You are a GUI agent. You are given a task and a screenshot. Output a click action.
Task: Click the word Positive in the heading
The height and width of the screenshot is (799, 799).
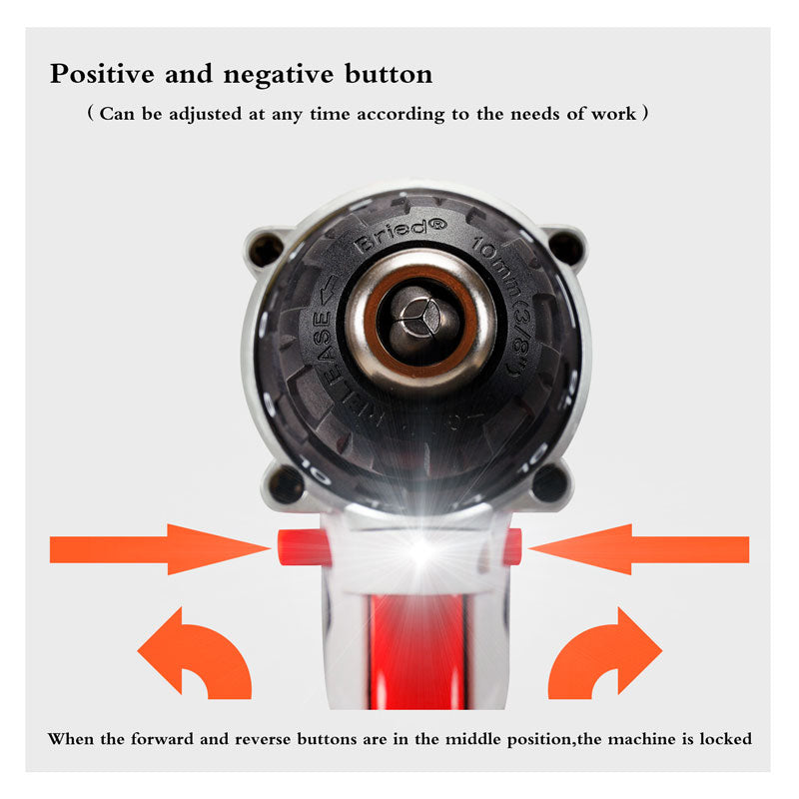point(102,74)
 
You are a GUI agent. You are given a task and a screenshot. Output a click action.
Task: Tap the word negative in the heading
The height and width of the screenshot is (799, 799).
point(279,74)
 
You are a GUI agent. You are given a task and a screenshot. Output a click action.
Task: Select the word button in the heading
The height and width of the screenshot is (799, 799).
point(389,73)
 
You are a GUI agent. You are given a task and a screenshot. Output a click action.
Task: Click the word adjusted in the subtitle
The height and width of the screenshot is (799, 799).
point(206,114)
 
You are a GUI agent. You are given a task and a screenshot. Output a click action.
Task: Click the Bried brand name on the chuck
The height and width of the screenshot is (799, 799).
point(400,236)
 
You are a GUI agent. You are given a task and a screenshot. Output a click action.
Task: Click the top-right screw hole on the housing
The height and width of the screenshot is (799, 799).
point(566,248)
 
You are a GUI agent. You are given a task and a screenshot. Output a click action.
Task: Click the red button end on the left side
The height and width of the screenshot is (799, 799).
point(304,547)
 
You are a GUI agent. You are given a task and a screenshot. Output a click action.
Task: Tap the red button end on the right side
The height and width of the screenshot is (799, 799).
point(511,546)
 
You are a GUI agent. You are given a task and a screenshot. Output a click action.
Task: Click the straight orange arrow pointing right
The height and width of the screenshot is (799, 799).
point(160,549)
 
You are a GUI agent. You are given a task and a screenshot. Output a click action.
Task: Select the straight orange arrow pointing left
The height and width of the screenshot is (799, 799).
point(639,549)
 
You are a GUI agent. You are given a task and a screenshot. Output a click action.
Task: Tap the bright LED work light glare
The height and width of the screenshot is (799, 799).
point(420,550)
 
